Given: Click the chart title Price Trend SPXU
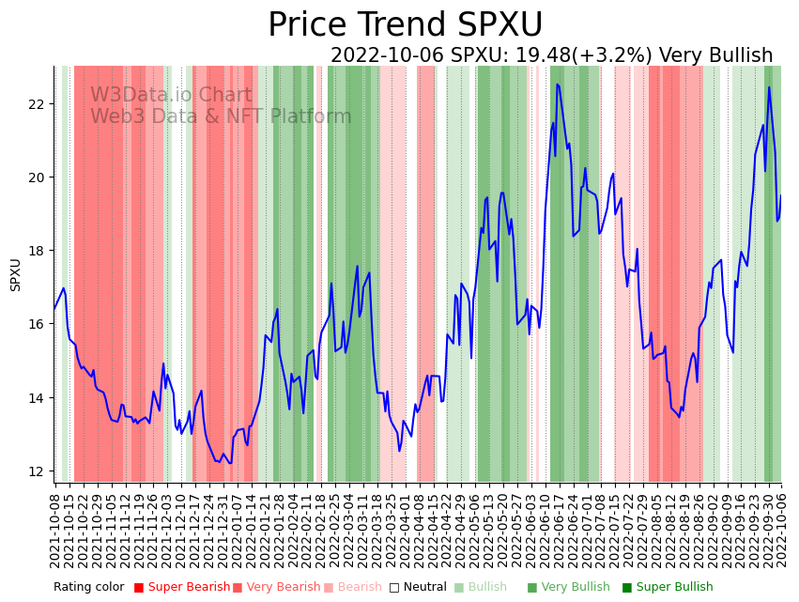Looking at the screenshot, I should (x=405, y=25).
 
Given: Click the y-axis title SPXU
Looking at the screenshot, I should (x=16, y=274).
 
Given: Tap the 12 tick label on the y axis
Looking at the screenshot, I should (x=37, y=471).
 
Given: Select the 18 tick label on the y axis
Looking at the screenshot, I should (x=37, y=251).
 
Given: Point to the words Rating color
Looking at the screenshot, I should (x=88, y=587).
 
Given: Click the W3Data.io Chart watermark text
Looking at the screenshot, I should (x=171, y=95).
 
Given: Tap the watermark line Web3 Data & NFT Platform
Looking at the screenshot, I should (x=221, y=116).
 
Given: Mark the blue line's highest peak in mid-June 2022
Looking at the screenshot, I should (x=557, y=85).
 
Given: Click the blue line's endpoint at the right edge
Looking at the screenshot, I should (x=780, y=196).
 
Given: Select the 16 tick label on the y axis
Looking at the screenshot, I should (x=37, y=324).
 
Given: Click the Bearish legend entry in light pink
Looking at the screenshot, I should (x=359, y=587).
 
